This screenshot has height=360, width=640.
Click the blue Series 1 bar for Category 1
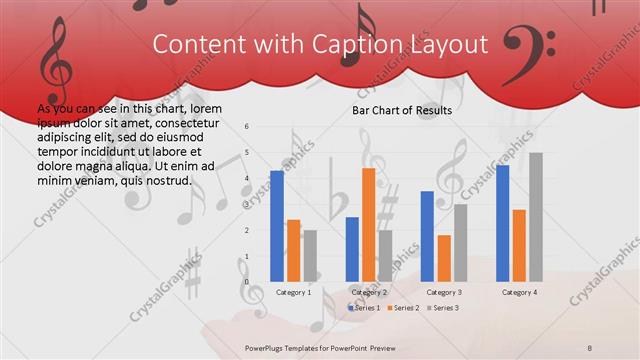tap(276, 225)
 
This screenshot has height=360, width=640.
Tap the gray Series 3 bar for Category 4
tap(535, 216)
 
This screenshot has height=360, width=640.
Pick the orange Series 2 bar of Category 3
tap(443, 258)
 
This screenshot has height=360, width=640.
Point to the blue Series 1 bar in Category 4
tap(502, 222)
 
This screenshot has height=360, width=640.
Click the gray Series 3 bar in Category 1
tap(310, 255)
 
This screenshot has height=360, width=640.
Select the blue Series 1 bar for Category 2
tap(352, 248)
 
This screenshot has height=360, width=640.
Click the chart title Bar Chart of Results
tap(402, 110)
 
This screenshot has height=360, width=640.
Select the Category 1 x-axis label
tap(293, 292)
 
